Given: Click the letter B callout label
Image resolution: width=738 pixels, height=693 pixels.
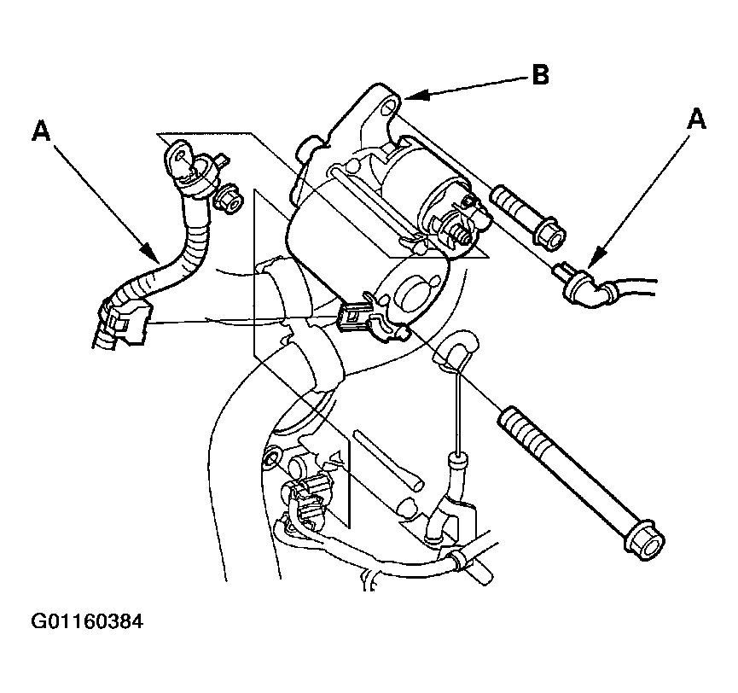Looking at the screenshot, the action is click(541, 75).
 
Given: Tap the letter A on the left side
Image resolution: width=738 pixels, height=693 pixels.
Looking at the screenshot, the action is click(41, 131).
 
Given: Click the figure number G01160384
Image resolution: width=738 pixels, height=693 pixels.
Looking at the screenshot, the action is click(87, 621).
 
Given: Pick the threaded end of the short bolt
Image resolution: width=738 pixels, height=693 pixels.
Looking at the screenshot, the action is click(505, 201).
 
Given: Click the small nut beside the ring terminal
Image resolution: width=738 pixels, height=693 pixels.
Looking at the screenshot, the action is click(229, 197).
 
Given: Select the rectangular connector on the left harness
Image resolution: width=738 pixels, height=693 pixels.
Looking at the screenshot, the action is click(127, 323).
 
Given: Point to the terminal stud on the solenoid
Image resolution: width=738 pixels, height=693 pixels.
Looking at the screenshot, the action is click(462, 234).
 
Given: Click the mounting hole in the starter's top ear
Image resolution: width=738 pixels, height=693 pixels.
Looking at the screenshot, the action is click(388, 108).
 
